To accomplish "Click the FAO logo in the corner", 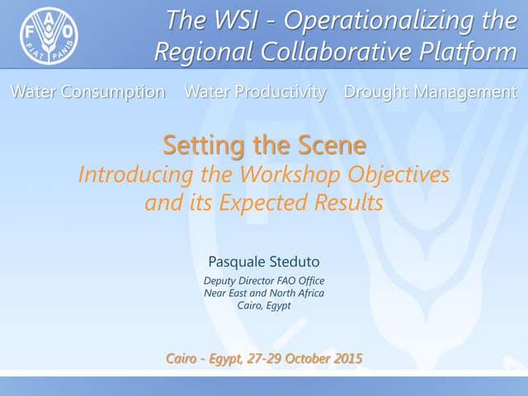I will [49, 37].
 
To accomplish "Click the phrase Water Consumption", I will [87, 92].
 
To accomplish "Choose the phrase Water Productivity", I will [255, 92].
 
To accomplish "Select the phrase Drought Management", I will [431, 92].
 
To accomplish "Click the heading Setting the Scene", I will [264, 145].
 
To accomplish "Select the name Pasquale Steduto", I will [263, 263].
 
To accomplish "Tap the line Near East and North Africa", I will [263, 293].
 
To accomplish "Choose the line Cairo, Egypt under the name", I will [263, 305].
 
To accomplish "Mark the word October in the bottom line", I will [302, 358].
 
